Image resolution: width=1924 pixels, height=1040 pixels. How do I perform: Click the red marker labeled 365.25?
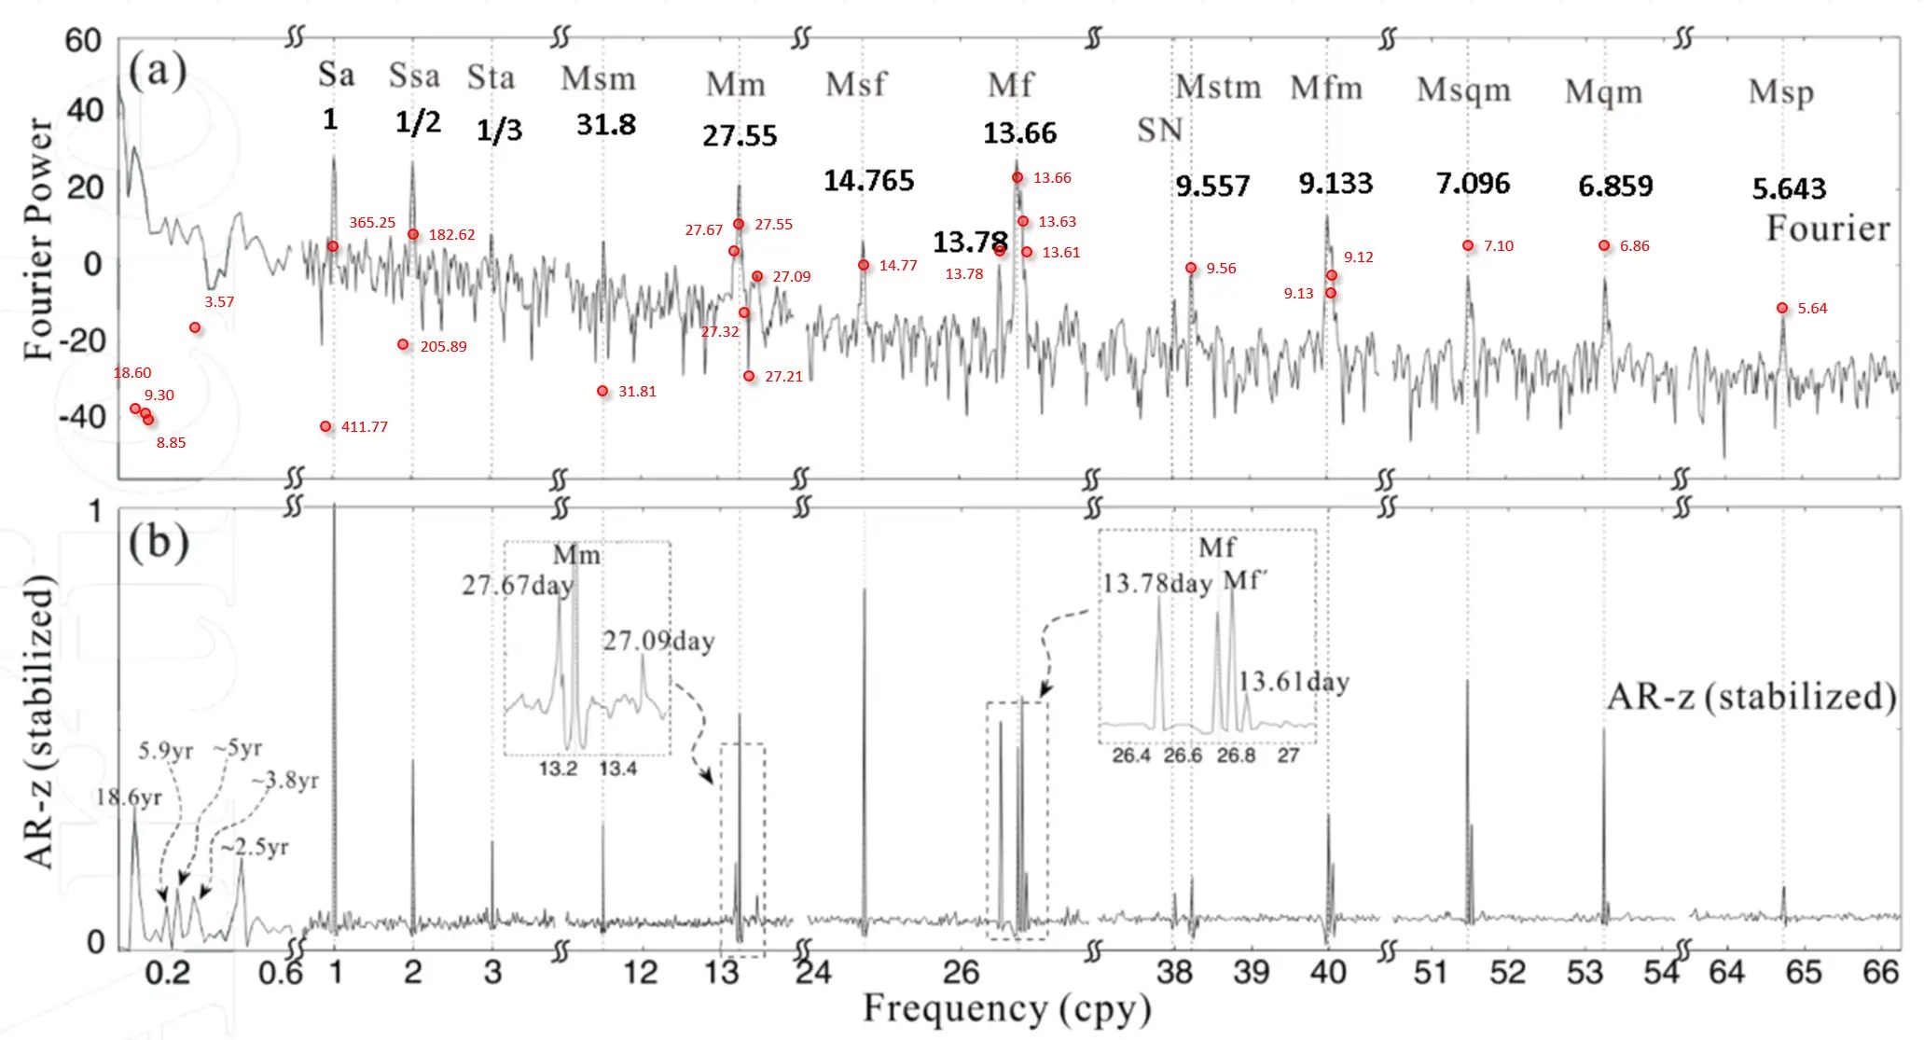pos(333,246)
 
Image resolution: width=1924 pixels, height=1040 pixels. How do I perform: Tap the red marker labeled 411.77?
pos(325,426)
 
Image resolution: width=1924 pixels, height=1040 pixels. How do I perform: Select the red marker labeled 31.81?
pos(602,391)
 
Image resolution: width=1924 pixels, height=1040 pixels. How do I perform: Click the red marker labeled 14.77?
pos(864,265)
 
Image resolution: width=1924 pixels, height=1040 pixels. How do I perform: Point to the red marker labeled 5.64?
pos(1782,308)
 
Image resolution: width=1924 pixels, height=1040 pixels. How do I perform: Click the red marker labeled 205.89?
pos(403,344)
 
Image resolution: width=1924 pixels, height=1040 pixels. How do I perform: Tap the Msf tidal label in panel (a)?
pos(855,85)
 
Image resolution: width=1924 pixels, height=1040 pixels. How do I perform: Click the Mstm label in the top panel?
pos(1218,87)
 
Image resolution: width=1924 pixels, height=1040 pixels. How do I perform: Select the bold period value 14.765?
pos(868,180)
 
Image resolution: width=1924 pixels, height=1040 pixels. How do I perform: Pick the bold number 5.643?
pos(1789,189)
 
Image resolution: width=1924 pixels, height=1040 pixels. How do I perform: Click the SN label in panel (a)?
pos(1159,131)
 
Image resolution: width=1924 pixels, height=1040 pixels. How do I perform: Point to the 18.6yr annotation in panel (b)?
pos(129,797)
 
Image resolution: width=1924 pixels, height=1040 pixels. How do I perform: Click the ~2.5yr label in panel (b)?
pos(255,847)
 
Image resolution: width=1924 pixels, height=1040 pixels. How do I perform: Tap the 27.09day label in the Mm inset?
pos(658,641)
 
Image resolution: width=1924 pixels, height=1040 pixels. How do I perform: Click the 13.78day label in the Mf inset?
pos(1156,584)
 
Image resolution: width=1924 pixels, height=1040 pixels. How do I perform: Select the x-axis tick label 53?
pos(1584,973)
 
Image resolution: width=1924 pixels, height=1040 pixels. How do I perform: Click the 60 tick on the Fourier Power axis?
pos(83,40)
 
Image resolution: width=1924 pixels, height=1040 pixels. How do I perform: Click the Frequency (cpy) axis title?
pos(1007,1009)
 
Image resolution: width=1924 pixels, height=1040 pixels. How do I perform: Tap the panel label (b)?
pos(159,542)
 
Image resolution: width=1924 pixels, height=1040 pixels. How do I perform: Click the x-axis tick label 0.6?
pos(281,973)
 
